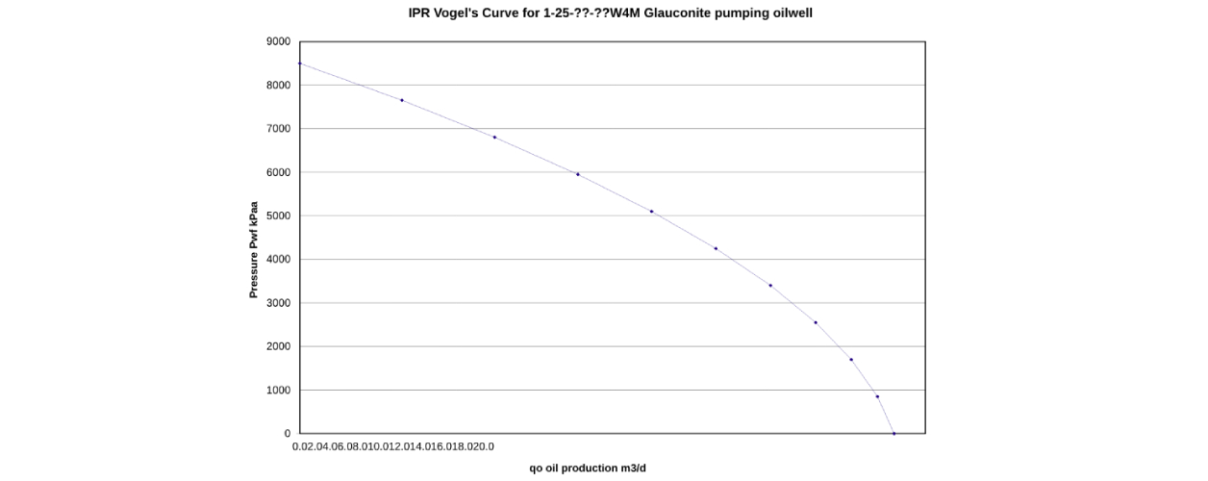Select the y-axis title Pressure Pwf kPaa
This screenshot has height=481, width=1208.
(254, 249)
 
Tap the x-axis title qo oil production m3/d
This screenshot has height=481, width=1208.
(593, 468)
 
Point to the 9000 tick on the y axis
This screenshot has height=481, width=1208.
(277, 41)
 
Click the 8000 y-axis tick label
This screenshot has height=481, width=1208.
(277, 85)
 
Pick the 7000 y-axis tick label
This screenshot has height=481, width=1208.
(277, 129)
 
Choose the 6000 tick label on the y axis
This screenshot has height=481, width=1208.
(277, 172)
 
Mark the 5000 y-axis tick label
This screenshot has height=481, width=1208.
(277, 215)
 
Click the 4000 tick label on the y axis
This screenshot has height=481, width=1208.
(277, 260)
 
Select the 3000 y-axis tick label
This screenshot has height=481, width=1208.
(277, 303)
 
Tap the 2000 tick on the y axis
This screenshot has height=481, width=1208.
(277, 346)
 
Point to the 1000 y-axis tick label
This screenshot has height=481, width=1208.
(277, 391)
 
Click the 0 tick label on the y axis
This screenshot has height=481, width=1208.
(287, 434)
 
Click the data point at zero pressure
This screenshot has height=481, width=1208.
(893, 434)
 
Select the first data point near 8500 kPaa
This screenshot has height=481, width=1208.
(300, 63)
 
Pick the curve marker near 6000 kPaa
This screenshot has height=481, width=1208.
(577, 174)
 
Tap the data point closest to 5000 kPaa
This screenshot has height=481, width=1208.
(651, 212)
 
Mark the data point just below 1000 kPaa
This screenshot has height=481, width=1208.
(877, 396)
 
